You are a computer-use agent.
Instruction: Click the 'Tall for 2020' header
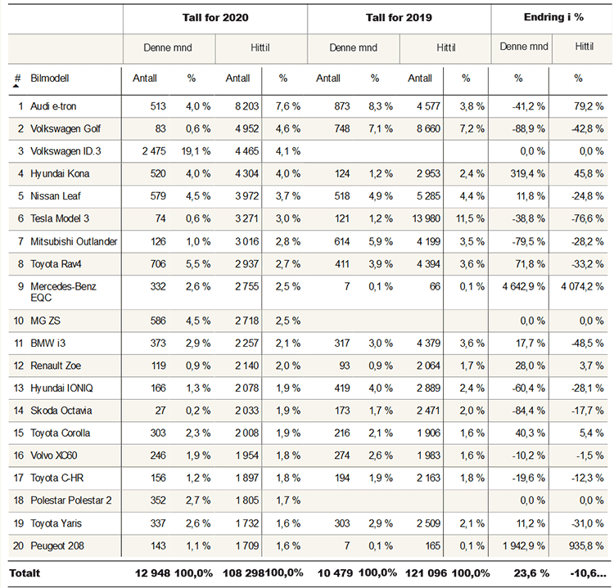tap(215, 17)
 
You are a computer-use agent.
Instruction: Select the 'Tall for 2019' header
tap(400, 17)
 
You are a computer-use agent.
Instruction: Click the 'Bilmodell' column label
tap(50, 79)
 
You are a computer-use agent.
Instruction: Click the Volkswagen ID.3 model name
tap(65, 151)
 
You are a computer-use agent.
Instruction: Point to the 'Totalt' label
tap(24, 574)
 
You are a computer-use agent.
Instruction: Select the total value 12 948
tap(152, 574)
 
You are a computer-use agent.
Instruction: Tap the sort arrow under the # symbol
tap(16, 85)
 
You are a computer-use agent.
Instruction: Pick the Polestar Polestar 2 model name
tap(71, 500)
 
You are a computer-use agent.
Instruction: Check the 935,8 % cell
tap(587, 545)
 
